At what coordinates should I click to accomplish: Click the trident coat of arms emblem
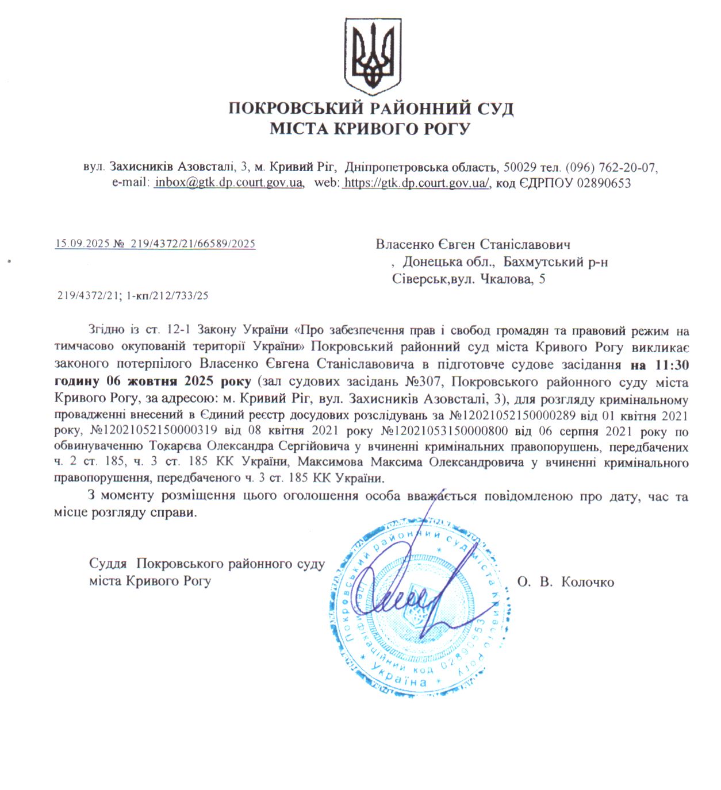373,56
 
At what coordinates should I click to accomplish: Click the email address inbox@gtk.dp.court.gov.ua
229,183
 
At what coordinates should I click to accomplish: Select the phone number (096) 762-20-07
611,167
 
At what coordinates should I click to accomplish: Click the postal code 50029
520,167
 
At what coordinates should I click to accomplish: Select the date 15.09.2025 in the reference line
82,244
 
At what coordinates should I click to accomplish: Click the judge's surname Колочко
587,582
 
